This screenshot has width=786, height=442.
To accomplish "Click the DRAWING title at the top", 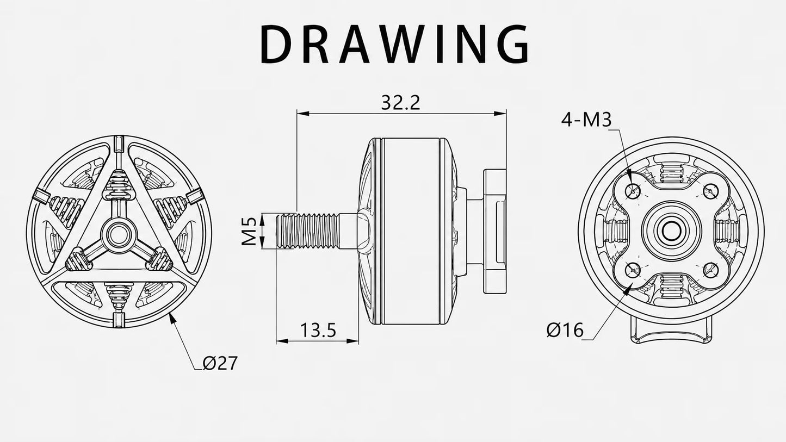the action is pos(394,44).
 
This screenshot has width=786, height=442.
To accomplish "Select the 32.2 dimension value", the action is pos(400,103).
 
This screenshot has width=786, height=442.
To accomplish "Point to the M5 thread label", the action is pos(249,231).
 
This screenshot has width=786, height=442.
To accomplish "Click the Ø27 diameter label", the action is pos(220,363).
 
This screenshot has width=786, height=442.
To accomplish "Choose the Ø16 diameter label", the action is pos(565,330).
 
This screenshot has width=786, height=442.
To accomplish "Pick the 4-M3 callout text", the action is pos(586,120).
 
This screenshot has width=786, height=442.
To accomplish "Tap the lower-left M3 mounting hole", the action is pos(633,270).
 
